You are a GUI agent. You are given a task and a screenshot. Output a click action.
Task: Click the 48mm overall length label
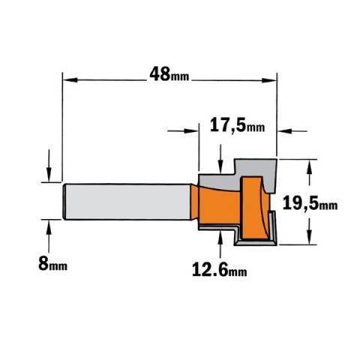[169, 74]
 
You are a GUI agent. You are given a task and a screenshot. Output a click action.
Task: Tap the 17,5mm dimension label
[237, 125]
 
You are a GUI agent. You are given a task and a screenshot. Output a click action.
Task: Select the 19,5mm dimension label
[310, 203]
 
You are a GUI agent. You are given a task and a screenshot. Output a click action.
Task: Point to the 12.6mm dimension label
[220, 270]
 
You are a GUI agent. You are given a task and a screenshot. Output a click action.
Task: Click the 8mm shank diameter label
[52, 263]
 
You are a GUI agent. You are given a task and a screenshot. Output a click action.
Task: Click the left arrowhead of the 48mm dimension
[70, 80]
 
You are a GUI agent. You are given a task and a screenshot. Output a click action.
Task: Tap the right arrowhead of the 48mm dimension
[269, 80]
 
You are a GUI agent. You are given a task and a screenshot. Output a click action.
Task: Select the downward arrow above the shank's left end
[49, 166]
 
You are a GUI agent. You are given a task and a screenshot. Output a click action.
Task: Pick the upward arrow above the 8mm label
[49, 236]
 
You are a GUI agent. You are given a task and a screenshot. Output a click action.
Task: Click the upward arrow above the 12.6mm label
[220, 244]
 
